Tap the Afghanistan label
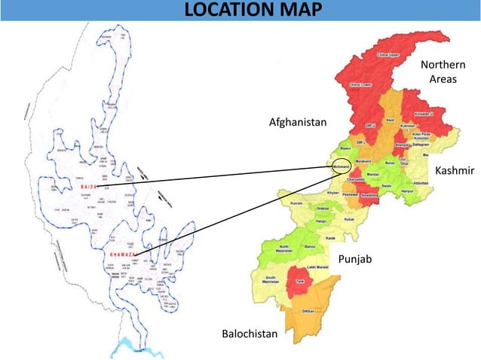[x=299, y=122]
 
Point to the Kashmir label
[x=455, y=171]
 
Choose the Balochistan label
[x=250, y=333]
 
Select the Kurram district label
[x=296, y=203]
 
